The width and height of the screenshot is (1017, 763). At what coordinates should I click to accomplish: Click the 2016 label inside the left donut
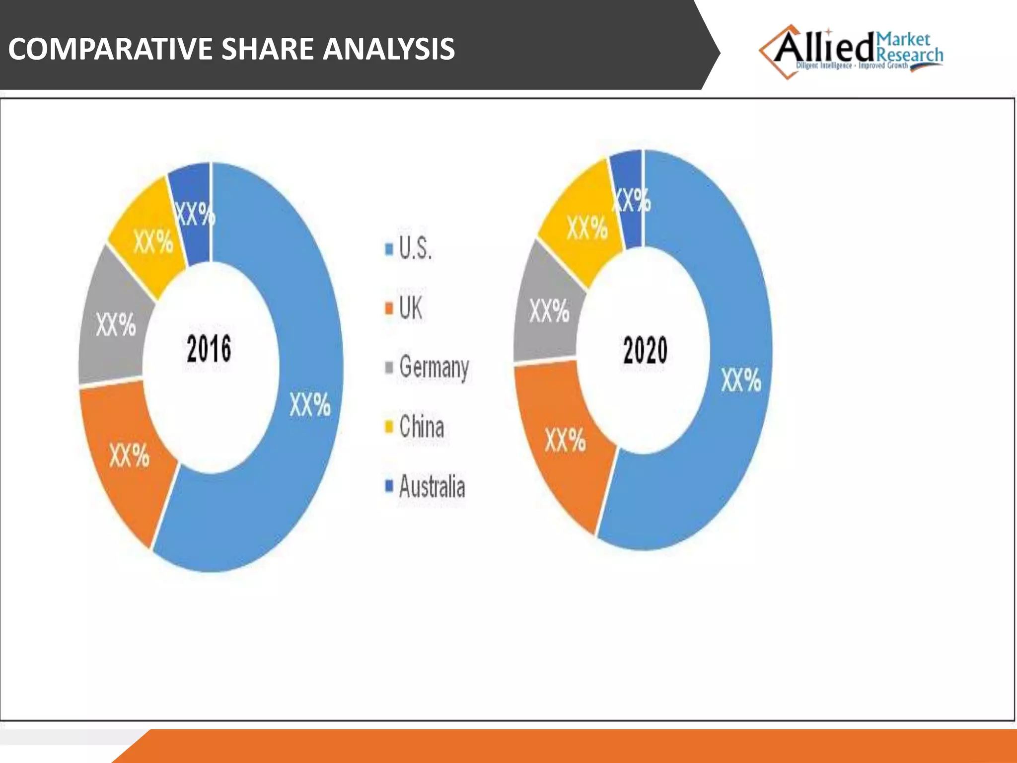pyautogui.click(x=209, y=349)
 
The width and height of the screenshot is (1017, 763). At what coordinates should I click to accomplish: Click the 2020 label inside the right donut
pyautogui.click(x=645, y=350)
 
